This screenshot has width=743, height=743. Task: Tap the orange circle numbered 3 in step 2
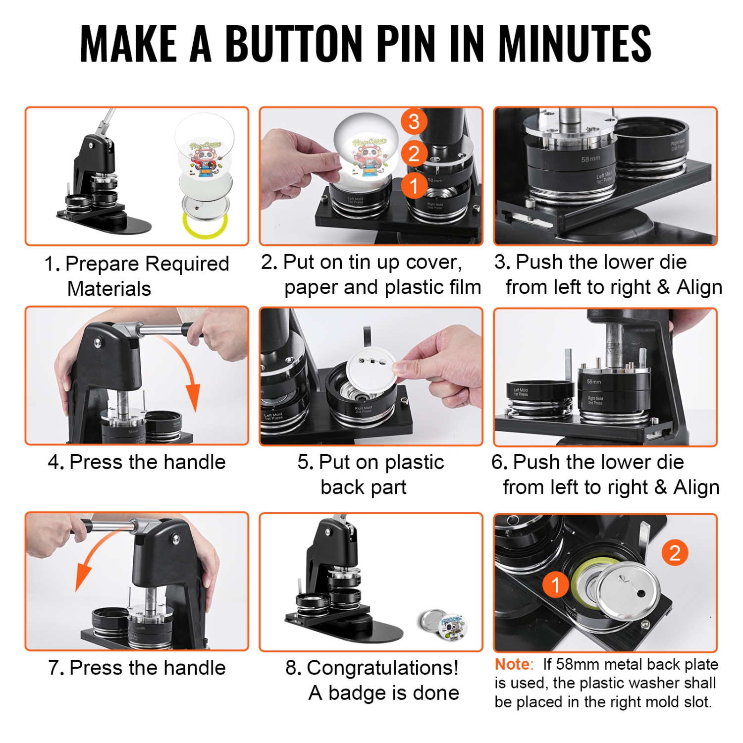(x=414, y=121)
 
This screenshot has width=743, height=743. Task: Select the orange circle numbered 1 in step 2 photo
(x=414, y=186)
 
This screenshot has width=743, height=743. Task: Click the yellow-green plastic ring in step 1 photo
(x=205, y=226)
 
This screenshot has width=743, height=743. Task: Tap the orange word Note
(x=513, y=664)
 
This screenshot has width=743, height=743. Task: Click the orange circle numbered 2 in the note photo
(x=675, y=553)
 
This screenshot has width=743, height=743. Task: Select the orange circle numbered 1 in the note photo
(x=555, y=585)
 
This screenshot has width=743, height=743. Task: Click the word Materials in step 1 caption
(x=109, y=289)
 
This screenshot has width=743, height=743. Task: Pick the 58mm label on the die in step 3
(x=590, y=159)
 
